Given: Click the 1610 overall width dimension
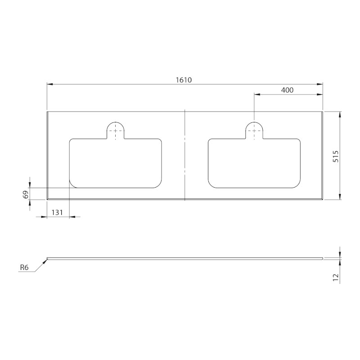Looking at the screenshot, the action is (x=184, y=80).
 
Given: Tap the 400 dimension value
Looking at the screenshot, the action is (x=287, y=90).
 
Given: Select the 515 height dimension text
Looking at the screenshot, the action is (x=336, y=156).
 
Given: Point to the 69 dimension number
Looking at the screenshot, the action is (x=26, y=194).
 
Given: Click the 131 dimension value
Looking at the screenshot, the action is (x=57, y=212).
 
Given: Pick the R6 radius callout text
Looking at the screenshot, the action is (x=24, y=267).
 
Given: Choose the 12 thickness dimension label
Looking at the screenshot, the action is (x=336, y=277).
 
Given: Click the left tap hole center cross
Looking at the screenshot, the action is (x=116, y=130).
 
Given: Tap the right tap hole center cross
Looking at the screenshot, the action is (x=254, y=130).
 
